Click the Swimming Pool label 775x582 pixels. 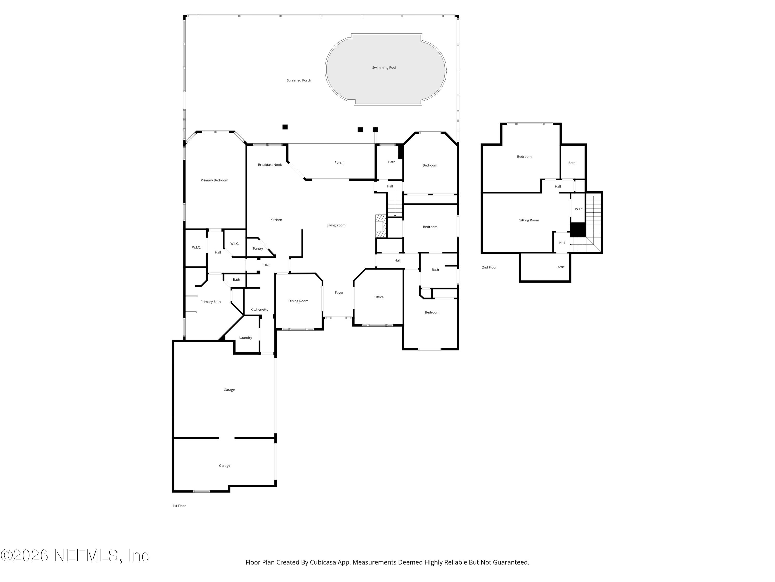[384, 67]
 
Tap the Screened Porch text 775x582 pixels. [299, 80]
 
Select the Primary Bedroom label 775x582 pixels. [214, 180]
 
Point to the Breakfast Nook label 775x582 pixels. [270, 165]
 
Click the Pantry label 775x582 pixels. [258, 248]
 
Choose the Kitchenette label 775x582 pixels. [259, 309]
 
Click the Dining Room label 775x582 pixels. [298, 301]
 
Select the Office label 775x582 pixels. [379, 297]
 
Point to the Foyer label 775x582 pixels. [339, 293]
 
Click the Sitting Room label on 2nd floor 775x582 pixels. [529, 220]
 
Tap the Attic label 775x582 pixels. [561, 267]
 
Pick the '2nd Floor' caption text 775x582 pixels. [489, 267]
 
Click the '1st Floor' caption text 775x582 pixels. [179, 506]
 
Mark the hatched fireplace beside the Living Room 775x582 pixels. [380, 226]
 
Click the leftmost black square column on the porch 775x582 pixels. [285, 127]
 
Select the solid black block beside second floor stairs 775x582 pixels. [578, 230]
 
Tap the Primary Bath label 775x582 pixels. [210, 302]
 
